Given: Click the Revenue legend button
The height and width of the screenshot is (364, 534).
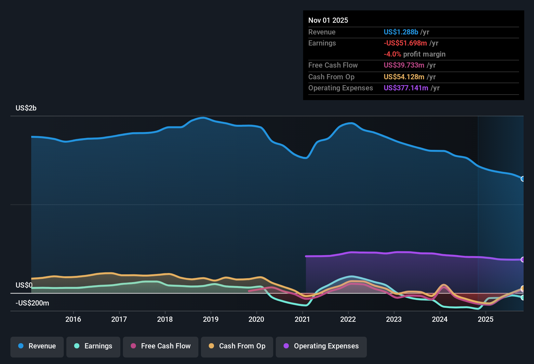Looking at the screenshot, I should pyautogui.click(x=37, y=346).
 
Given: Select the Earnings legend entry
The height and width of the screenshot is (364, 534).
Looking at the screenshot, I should pyautogui.click(x=93, y=346).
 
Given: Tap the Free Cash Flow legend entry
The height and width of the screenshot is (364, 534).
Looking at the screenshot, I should pyautogui.click(x=161, y=346).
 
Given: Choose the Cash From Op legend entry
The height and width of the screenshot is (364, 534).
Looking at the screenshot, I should pyautogui.click(x=237, y=346).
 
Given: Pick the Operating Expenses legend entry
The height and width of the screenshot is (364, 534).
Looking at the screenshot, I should pyautogui.click(x=321, y=346).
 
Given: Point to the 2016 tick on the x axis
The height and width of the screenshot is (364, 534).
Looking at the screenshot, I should pyautogui.click(x=73, y=319).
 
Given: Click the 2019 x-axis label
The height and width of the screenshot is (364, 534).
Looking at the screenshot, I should pyautogui.click(x=211, y=319).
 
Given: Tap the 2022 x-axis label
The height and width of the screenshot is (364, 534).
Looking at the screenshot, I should pyautogui.click(x=348, y=319).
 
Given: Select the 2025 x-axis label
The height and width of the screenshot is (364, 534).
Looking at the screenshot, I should pyautogui.click(x=486, y=319).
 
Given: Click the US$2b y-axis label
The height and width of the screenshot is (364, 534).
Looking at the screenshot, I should pyautogui.click(x=26, y=108).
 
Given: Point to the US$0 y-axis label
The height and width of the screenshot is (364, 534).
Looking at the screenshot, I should pyautogui.click(x=24, y=285).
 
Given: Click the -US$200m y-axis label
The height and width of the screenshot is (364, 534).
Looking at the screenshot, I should pyautogui.click(x=32, y=303).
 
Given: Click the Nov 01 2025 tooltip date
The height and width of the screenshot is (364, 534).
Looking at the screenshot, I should pyautogui.click(x=328, y=20).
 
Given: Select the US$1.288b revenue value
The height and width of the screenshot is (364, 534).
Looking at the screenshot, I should pyautogui.click(x=401, y=32).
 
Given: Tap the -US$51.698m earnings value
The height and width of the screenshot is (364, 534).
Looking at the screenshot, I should pyautogui.click(x=405, y=43).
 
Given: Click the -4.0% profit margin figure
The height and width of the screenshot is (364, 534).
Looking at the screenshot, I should pyautogui.click(x=393, y=54).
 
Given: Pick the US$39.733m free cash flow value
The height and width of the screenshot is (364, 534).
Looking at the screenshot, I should pyautogui.click(x=404, y=65).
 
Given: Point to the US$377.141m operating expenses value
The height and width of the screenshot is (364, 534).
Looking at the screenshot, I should pyautogui.click(x=406, y=88).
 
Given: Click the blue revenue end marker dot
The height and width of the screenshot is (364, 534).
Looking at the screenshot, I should pyautogui.click(x=523, y=179).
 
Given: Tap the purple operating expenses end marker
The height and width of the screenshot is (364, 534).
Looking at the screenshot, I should pyautogui.click(x=523, y=259).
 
